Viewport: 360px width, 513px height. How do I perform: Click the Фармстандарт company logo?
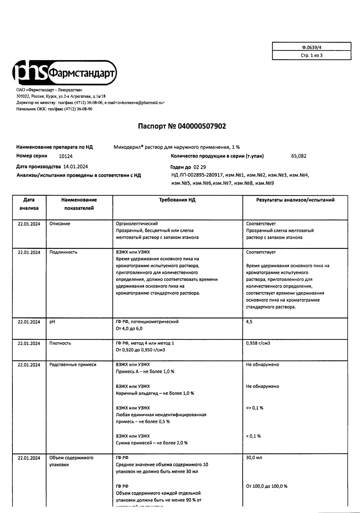pos(65,73)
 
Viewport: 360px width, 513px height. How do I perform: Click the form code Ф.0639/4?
pos(312,47)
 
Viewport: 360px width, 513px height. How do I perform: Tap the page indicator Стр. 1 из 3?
pos(312,56)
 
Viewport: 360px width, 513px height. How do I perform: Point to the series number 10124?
pos(66,156)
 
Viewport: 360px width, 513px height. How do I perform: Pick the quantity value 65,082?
pos(299,156)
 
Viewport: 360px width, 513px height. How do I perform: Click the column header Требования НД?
pos(177,200)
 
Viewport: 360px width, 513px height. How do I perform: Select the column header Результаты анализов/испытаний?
pos(295,200)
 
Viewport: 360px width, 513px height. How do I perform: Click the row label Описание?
pos(60,224)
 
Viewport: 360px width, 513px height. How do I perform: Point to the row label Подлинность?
pos(63,252)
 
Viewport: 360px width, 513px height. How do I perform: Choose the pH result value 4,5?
pos(249,322)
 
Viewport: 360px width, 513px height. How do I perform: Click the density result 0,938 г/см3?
pos(258,343)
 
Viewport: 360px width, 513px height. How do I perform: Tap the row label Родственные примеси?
pos(72,365)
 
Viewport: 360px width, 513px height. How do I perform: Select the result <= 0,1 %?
pos(255,408)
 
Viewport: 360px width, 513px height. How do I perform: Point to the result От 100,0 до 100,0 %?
pos(267,486)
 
